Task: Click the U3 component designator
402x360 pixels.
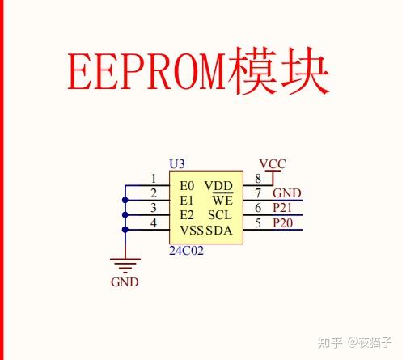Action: click(x=176, y=163)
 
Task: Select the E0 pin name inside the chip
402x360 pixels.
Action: click(x=187, y=185)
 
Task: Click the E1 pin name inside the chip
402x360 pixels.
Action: click(x=187, y=200)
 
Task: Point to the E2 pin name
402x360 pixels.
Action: click(x=187, y=214)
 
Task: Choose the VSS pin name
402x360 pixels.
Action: click(x=192, y=230)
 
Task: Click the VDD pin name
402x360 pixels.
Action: click(x=218, y=185)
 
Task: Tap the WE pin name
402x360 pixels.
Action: click(x=222, y=200)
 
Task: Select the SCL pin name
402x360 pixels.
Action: click(x=220, y=214)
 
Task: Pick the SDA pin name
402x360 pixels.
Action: click(x=219, y=230)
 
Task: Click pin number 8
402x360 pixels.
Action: click(x=258, y=179)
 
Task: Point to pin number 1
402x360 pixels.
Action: click(x=154, y=179)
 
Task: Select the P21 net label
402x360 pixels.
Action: click(x=283, y=208)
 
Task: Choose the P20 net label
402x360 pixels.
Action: click(x=283, y=222)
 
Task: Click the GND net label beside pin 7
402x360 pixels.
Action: click(x=287, y=193)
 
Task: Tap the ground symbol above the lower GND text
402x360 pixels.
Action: click(x=125, y=263)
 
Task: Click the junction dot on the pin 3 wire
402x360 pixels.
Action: click(x=125, y=214)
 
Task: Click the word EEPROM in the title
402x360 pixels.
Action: click(x=146, y=74)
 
